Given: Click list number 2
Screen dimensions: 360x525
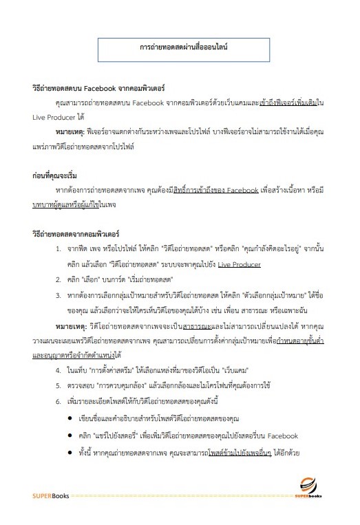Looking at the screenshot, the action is coord(58,279).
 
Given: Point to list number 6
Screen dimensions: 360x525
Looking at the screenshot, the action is coord(58,400).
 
